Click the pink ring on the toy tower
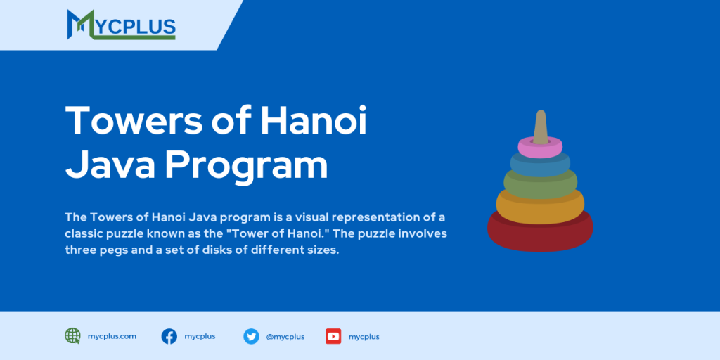pos(540,147)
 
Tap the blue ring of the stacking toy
pos(540,165)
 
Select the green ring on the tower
pos(540,185)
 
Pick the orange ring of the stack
pos(540,205)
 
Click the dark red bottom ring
pos(540,232)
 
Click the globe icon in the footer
pos(72,336)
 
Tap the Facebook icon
pos(169,336)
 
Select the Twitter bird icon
pos(251,336)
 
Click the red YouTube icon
pos(333,336)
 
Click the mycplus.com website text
pos(112,336)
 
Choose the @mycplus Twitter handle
pos(285,337)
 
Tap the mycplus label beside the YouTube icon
pos(364,337)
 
